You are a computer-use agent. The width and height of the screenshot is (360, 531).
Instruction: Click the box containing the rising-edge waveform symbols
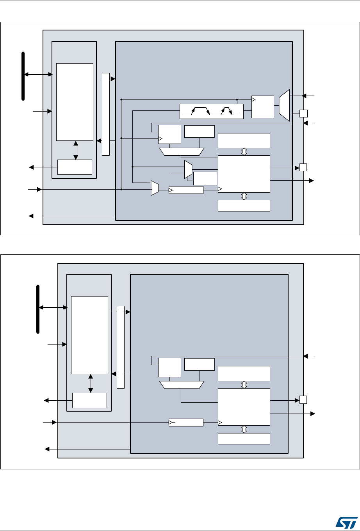click(211, 112)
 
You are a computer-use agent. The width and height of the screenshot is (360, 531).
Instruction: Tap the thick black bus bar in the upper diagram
click(23, 76)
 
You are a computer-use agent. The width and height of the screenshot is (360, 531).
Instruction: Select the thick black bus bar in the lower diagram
click(38, 309)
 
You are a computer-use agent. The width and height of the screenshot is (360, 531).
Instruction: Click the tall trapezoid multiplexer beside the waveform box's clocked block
click(284, 105)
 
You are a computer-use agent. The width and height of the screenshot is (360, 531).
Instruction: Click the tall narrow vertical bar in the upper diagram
click(106, 114)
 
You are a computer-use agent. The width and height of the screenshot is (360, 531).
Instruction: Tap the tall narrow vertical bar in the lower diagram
click(121, 347)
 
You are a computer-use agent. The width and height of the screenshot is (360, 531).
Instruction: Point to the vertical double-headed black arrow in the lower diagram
click(91, 384)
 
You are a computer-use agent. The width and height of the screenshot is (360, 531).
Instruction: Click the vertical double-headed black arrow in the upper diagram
click(76, 150)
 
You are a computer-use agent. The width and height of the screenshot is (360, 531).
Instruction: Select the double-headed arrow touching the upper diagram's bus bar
click(38, 74)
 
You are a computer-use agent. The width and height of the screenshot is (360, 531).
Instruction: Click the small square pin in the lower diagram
click(303, 400)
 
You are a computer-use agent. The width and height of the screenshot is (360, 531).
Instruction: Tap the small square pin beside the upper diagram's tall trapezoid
click(303, 114)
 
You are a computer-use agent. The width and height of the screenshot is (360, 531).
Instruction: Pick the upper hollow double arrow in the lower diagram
click(244, 385)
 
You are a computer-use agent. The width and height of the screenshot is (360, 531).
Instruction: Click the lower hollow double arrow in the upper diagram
click(244, 196)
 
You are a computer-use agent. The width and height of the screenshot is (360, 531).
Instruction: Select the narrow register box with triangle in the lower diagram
click(186, 423)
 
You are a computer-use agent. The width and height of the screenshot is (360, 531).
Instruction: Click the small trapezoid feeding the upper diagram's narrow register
click(155, 188)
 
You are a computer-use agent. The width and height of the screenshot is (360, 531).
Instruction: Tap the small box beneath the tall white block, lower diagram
click(90, 400)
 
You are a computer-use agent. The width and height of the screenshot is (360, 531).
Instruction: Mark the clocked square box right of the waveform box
click(262, 106)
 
